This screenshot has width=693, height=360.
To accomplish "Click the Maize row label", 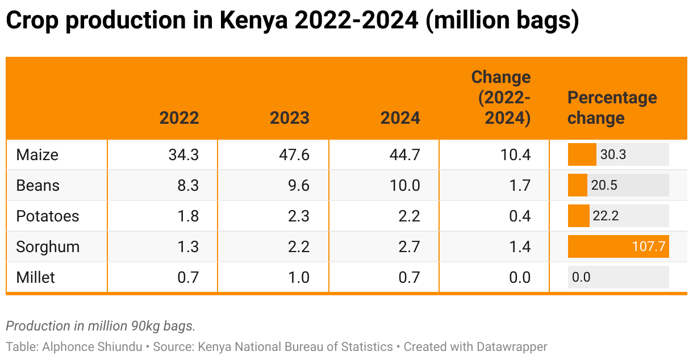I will click(37, 154).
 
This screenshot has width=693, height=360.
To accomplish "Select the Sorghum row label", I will click(48, 247).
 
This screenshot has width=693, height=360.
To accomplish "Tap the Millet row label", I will click(36, 278).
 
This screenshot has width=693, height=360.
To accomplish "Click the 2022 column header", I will click(179, 118).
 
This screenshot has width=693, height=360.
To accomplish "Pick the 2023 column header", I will click(290, 118).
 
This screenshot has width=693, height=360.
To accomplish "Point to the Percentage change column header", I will click(612, 108).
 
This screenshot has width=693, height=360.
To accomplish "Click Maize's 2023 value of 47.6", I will click(294, 154).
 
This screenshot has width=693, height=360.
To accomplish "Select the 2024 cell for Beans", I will click(404, 186).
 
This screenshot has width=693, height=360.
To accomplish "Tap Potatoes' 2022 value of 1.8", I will click(187, 216).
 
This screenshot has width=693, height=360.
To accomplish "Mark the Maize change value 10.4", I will click(515, 154).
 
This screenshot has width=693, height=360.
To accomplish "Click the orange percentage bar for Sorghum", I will click(618, 247).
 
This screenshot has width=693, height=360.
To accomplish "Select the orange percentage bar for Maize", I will click(582, 154).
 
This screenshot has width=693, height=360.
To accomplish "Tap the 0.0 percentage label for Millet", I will click(581, 278).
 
